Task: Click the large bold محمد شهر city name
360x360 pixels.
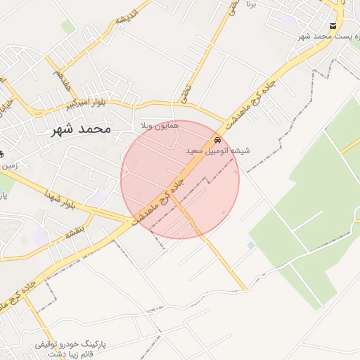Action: (82, 129)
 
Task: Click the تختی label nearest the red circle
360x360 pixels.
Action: (186, 91)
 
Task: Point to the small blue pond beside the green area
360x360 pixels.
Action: (251, 245)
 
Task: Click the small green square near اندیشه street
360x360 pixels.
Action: (67, 27)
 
